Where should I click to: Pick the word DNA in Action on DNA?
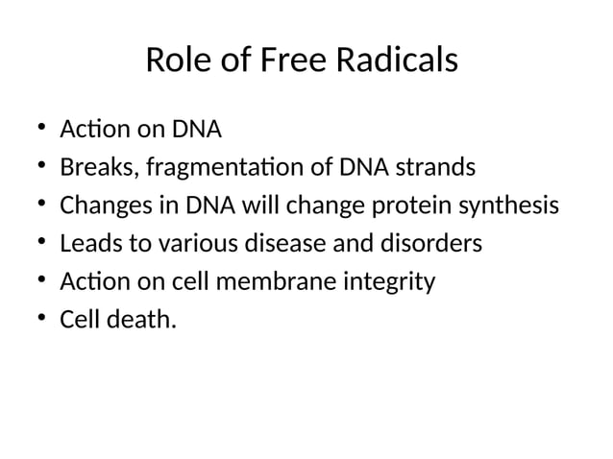[x=197, y=129]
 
